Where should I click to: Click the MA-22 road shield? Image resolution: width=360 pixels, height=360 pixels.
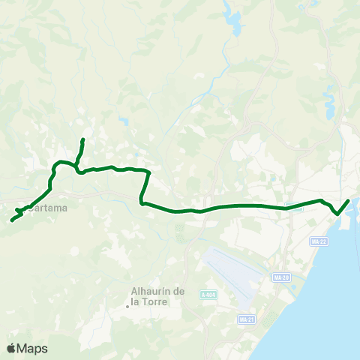point(319,241)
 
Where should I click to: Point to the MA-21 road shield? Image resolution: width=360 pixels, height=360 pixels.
point(247,319)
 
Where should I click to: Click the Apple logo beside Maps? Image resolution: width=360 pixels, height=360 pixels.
point(11,348)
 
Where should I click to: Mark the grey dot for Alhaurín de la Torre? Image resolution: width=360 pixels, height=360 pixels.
point(127,304)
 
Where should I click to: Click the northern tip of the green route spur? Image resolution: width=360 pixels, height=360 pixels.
point(82,139)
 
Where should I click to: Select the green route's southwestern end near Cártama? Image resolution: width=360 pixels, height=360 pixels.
point(12,220)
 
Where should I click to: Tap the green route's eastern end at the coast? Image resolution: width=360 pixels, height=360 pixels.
point(349,200)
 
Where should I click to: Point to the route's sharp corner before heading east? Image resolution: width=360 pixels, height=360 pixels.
point(142,202)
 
